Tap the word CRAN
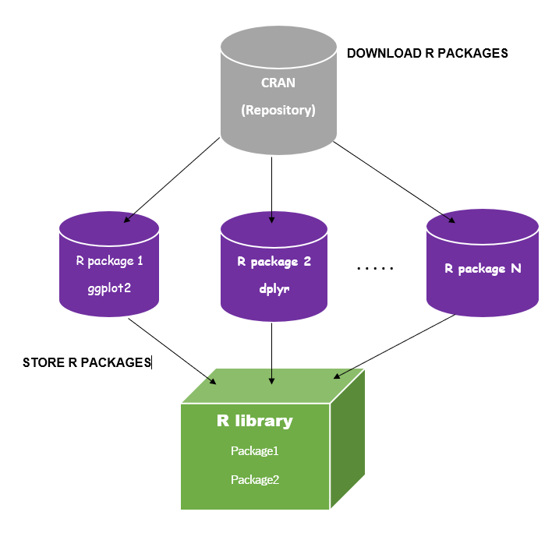[278, 83]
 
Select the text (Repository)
[278, 110]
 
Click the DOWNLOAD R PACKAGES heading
[427, 54]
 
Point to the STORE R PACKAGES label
[86, 362]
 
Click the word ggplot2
[109, 288]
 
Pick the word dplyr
[274, 288]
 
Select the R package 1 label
[109, 260]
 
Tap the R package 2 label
[274, 262]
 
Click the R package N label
[483, 269]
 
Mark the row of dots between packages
[375, 270]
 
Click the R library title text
[254, 422]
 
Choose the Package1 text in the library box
[254, 450]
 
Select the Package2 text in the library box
[254, 479]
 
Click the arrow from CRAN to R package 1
[172, 179]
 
